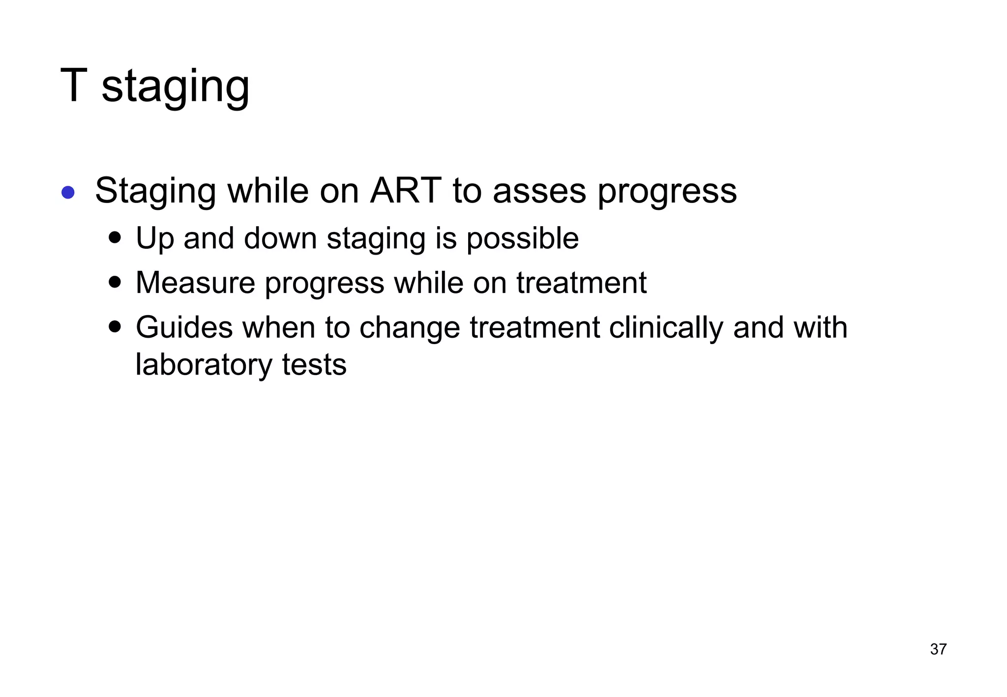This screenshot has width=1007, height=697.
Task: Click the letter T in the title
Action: point(74,86)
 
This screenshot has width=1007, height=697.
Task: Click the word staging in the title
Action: point(176,87)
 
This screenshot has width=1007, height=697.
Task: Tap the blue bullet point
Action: point(68,192)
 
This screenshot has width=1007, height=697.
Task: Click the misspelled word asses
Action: point(539,192)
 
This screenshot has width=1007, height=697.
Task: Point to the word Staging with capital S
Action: point(155,192)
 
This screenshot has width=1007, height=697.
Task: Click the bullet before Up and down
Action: point(115,238)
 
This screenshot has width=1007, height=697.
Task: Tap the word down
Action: point(280,238)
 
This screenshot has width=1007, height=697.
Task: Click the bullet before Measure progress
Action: point(115,283)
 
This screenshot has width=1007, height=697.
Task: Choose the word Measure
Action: point(195,283)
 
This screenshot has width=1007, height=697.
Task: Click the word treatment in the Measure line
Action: point(581,283)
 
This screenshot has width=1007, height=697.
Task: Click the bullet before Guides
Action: point(115,327)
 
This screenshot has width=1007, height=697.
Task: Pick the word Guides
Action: point(184,328)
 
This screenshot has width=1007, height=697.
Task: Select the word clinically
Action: point(666,328)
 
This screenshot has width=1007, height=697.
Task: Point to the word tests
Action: point(314,365)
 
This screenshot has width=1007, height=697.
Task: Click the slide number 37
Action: point(938,649)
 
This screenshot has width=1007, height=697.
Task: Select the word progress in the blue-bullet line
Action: point(667,193)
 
